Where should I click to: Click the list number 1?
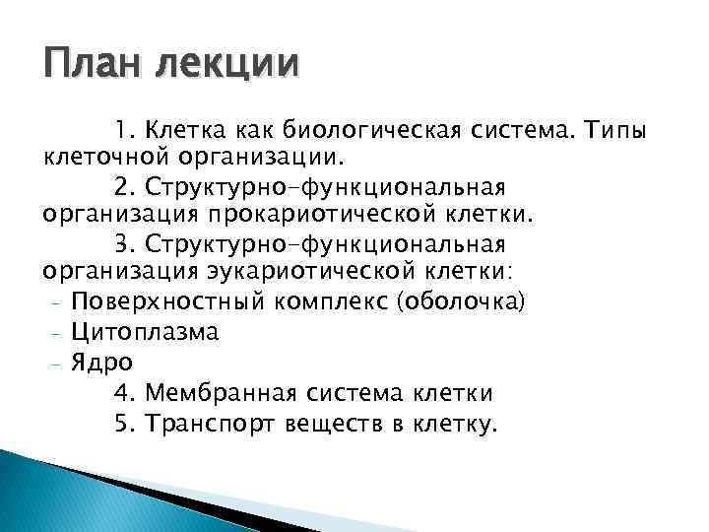coord(121,128)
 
